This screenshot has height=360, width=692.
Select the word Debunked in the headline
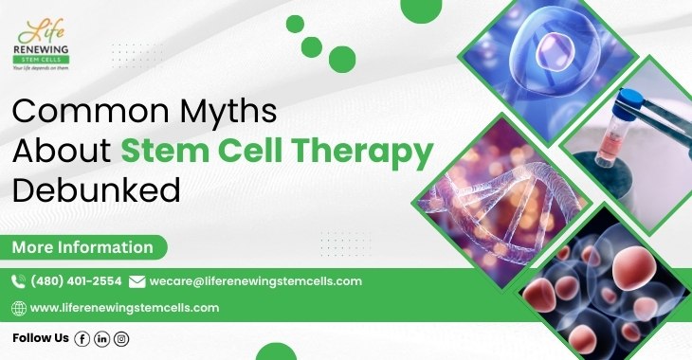point(96,190)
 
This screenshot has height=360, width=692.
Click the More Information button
point(82,248)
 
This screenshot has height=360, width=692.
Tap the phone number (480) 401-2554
point(76,281)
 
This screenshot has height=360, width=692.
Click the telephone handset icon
point(18,281)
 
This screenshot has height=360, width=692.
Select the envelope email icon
point(137,281)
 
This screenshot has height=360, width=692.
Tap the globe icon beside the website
point(18,308)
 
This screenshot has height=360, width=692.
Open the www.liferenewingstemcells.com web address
point(125,308)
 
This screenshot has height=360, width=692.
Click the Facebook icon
point(82,338)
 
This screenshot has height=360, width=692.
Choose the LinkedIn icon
point(102,338)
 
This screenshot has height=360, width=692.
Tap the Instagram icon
point(121,338)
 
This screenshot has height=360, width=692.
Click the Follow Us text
point(41,338)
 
